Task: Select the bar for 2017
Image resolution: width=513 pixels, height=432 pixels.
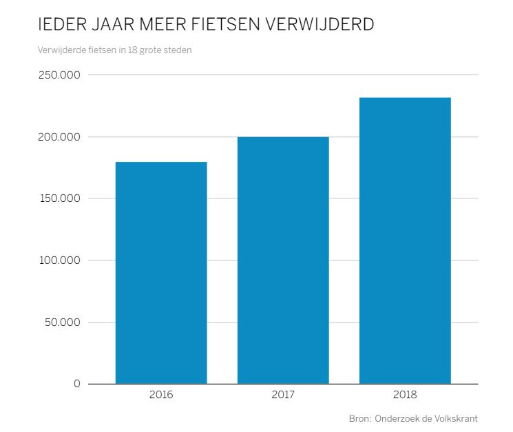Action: pos(283,260)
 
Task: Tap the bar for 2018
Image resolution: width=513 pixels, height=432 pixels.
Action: pos(405,240)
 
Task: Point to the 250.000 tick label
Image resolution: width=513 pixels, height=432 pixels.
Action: pos(58,75)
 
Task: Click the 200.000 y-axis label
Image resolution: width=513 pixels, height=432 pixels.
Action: pos(58,137)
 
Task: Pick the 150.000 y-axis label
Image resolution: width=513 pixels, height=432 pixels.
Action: pos(58,198)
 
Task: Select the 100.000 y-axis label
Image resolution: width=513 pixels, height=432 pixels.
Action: pos(58,260)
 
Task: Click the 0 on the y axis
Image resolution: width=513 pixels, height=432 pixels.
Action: pos(77,384)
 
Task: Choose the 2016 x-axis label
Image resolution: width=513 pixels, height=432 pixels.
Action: pos(161,396)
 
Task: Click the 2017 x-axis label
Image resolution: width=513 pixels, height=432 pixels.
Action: pos(283,396)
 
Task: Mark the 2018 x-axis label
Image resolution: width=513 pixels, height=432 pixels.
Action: pos(405,396)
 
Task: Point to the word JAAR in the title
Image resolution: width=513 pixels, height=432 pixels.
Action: pos(110,25)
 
